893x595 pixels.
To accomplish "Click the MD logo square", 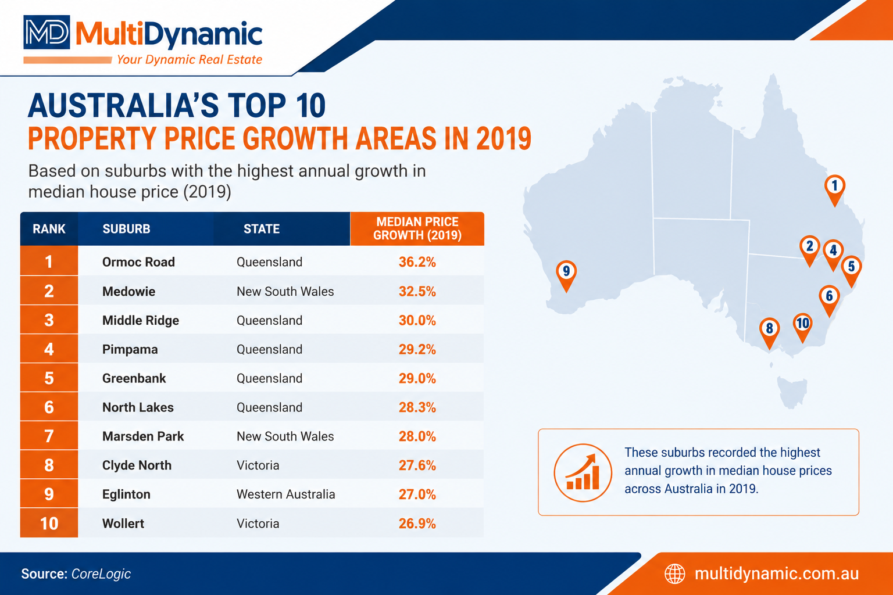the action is (47, 33).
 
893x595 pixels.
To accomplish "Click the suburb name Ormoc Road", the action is (138, 262).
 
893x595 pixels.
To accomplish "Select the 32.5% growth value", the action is (417, 291).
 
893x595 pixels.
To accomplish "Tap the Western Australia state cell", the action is (286, 494).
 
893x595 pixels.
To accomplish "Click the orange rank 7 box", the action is (49, 436).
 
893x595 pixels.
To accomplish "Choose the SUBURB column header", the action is (126, 229).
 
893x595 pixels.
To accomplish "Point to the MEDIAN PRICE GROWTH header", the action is (417, 228).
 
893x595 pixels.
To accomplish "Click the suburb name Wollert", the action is (123, 524).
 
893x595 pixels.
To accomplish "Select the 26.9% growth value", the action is (417, 524).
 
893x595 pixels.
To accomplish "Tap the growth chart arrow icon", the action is (583, 472).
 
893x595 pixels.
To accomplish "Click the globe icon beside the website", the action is (674, 574).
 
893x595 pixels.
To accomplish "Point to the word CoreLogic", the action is (101, 574).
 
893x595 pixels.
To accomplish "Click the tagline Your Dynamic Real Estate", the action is (190, 60).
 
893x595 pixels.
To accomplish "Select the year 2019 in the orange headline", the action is (503, 138).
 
